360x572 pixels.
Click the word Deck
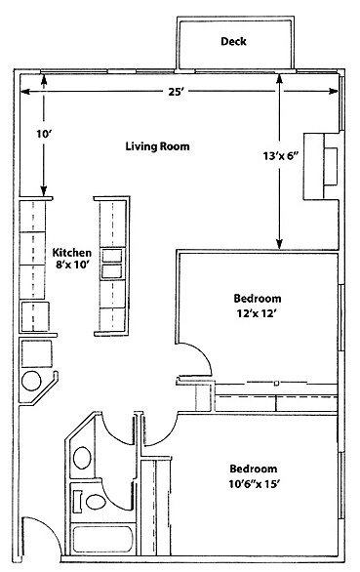click(x=233, y=42)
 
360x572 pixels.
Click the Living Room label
click(x=157, y=146)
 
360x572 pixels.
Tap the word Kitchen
click(x=73, y=249)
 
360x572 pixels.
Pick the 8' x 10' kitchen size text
click(x=73, y=264)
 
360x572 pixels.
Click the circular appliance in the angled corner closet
click(x=32, y=381)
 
